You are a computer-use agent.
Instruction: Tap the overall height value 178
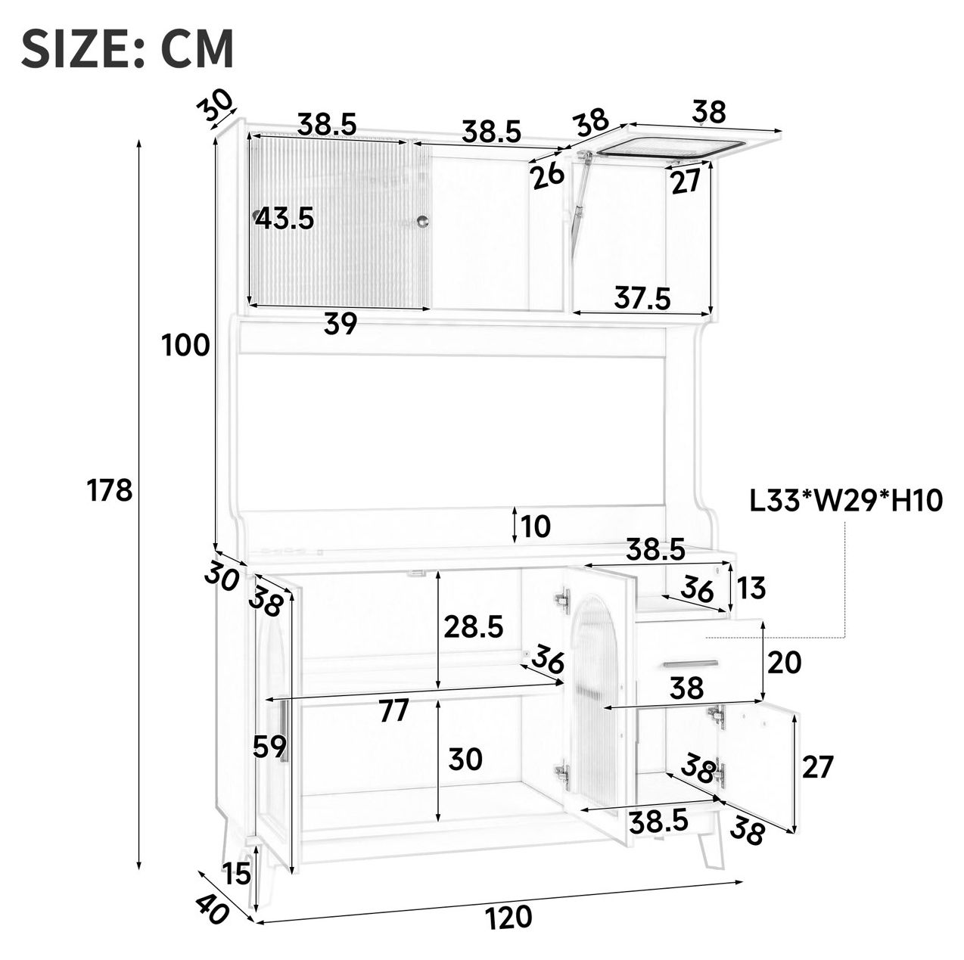coord(110,490)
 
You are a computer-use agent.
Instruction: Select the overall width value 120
coord(508,916)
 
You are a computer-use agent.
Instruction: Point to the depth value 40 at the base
coord(212,910)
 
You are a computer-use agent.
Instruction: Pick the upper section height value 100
coord(185,345)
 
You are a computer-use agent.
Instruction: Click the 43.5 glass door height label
coord(285,219)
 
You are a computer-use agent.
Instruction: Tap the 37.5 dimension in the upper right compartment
coord(642,298)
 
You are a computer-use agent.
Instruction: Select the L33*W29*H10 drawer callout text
coord(846,501)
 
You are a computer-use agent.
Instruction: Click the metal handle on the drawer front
coord(690,664)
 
